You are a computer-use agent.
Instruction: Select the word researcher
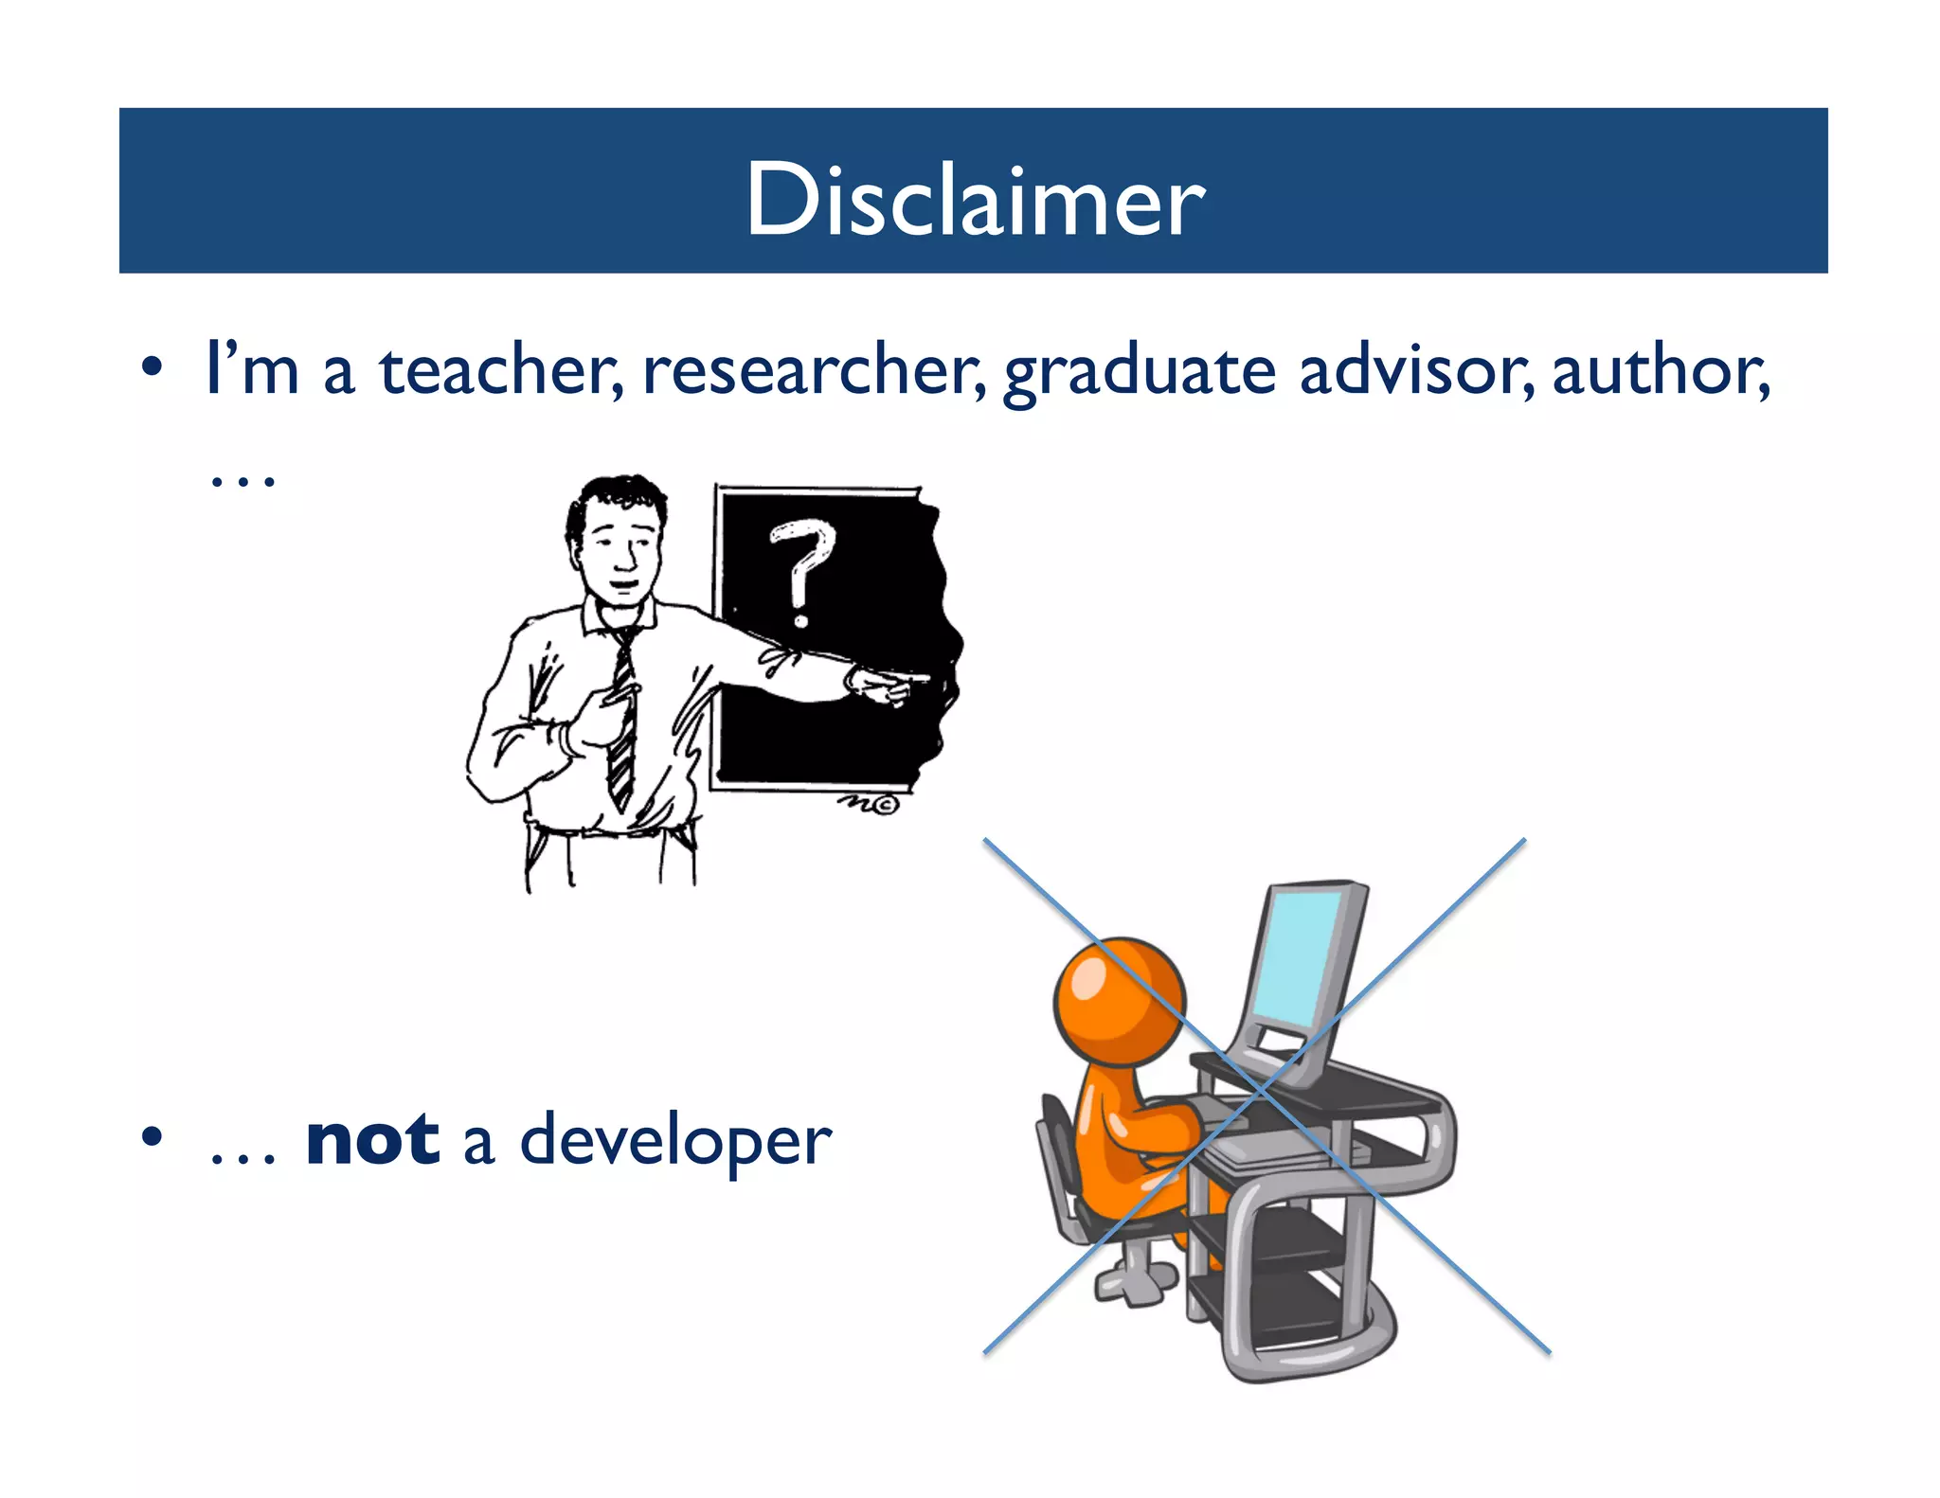point(813,370)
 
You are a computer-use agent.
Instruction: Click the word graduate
point(1140,372)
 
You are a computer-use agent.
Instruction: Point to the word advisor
point(1415,370)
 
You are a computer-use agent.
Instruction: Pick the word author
point(1660,370)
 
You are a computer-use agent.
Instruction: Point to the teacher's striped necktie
point(622,720)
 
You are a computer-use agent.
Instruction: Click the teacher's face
point(621,549)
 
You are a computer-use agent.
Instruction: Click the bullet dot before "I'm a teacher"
point(152,367)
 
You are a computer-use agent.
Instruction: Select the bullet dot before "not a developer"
point(152,1136)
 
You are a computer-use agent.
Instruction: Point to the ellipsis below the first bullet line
point(242,482)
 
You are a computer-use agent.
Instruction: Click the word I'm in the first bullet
point(251,370)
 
